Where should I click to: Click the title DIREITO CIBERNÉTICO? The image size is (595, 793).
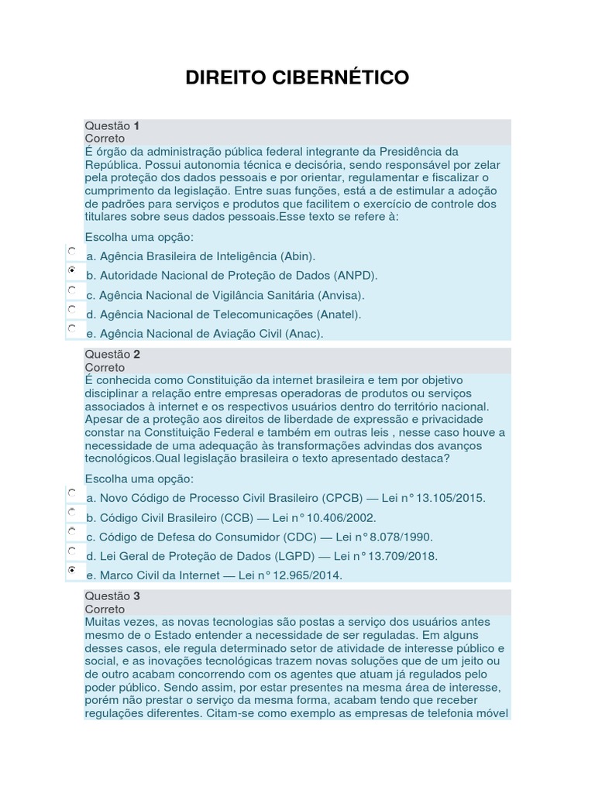click(297, 78)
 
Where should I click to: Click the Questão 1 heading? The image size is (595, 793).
click(112, 125)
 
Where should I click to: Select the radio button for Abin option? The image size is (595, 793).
click(71, 251)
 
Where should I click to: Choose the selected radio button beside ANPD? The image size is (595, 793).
click(71, 270)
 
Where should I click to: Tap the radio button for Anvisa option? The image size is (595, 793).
click(71, 290)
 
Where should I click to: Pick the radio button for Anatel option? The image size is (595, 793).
click(71, 309)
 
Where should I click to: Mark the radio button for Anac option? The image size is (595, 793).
click(71, 328)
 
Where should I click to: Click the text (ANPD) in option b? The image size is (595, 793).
click(356, 276)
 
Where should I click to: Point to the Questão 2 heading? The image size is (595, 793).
click(112, 355)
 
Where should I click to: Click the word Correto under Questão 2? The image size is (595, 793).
click(105, 367)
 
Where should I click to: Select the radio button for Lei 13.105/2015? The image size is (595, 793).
click(71, 493)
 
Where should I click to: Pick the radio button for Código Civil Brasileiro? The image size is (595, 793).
click(71, 512)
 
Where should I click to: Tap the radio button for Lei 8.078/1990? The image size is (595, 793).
click(71, 531)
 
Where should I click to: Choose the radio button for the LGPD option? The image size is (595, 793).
click(71, 551)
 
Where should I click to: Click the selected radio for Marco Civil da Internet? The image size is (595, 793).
click(71, 570)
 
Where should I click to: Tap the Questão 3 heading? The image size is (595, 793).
click(112, 596)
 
